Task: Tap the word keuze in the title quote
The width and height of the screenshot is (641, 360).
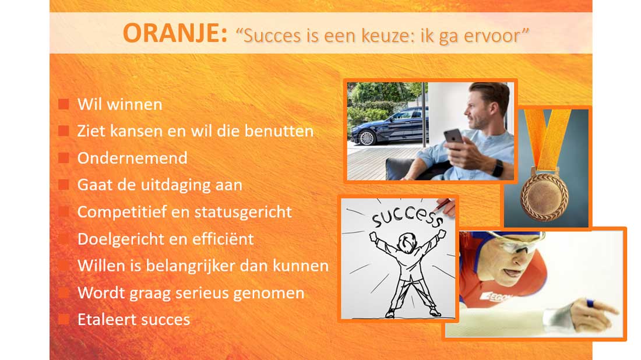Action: pos(354,36)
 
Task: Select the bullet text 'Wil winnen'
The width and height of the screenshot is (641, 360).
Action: pos(120,104)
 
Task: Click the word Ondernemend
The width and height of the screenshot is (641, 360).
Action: pos(132,158)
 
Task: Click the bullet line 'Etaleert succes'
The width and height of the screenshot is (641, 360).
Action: pos(133,320)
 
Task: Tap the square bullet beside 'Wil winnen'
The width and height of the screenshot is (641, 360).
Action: pos(64,104)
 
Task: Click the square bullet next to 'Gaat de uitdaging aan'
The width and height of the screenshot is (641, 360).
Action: pos(64,185)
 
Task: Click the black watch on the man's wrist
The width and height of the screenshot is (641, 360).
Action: pos(498,168)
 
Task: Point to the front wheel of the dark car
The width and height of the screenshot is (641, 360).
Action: pos(367,137)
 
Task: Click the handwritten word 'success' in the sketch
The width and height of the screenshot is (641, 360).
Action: pos(407,217)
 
